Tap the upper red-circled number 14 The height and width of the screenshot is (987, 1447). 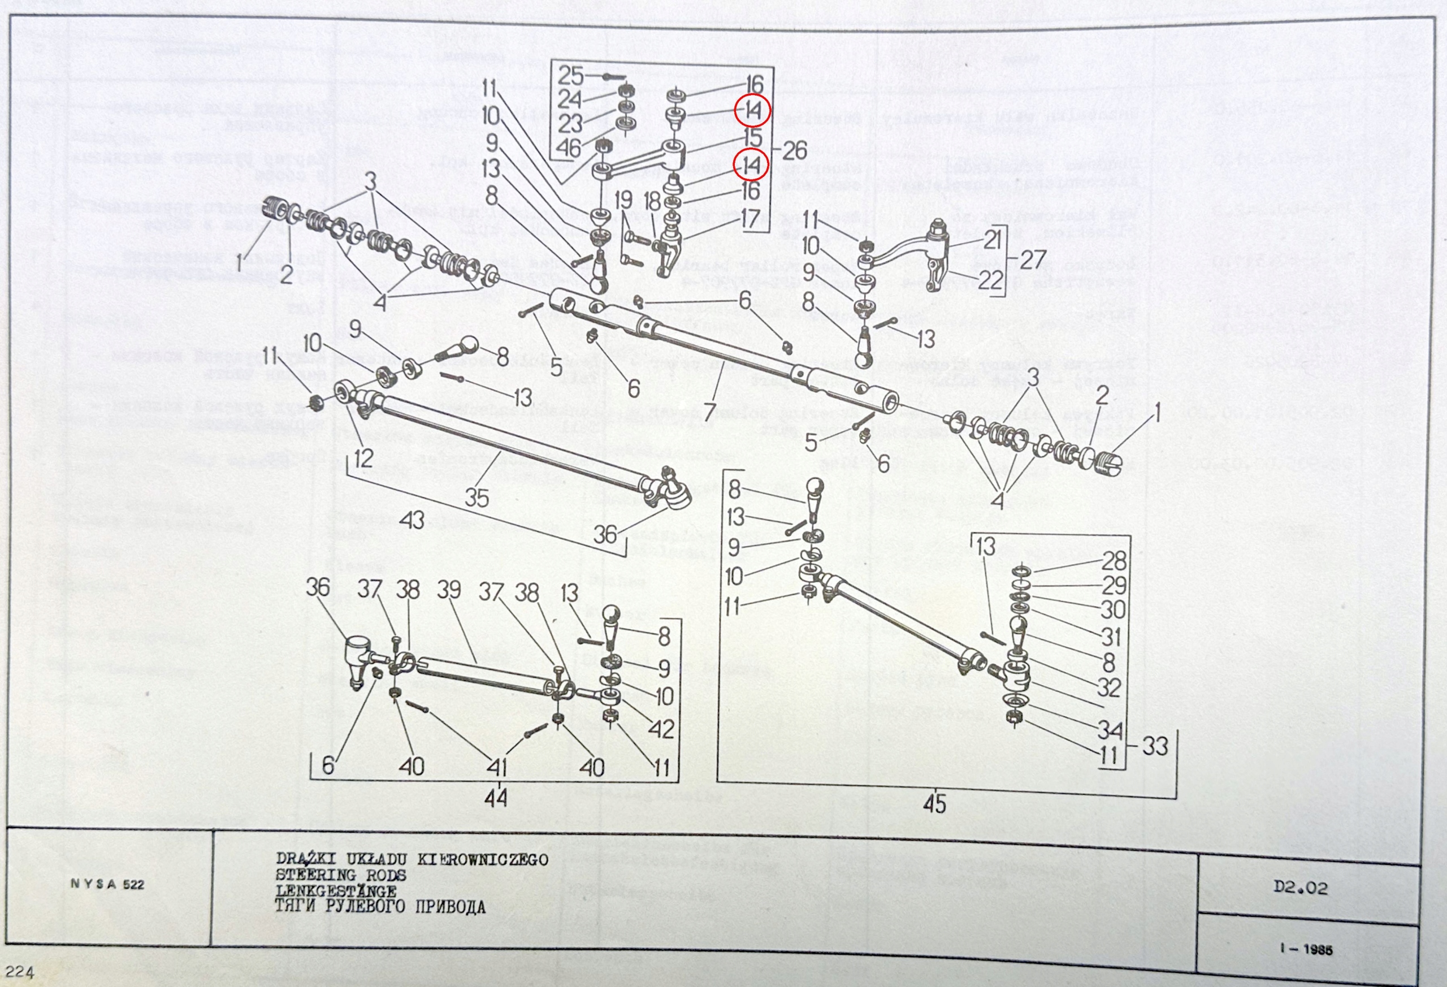tap(752, 111)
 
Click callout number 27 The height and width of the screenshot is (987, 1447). tap(1032, 259)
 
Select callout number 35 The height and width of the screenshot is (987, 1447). tap(476, 497)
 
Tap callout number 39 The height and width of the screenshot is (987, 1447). tap(449, 589)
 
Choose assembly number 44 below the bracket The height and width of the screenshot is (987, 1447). tap(496, 797)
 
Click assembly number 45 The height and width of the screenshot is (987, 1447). tap(934, 804)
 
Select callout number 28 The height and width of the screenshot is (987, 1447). tap(1114, 561)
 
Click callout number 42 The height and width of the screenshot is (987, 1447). tap(661, 728)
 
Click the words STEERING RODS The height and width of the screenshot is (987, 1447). tap(341, 875)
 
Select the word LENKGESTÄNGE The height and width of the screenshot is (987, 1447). tap(336, 890)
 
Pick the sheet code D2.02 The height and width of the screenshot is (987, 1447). tap(1301, 888)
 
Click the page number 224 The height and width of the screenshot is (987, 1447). tap(19, 971)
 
